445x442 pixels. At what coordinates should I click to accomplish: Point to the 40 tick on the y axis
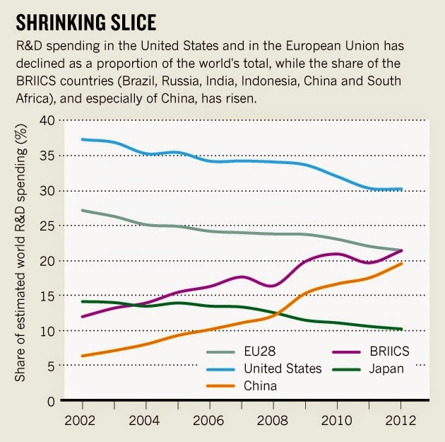(48, 121)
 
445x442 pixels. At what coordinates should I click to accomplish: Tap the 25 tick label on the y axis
(48, 226)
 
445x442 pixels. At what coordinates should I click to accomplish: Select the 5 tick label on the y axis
(52, 366)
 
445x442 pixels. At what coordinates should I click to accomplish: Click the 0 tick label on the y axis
(52, 401)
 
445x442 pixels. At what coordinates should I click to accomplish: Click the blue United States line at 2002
(83, 139)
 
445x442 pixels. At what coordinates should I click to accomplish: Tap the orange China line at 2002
(83, 356)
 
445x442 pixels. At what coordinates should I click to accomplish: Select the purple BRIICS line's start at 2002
(83, 316)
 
